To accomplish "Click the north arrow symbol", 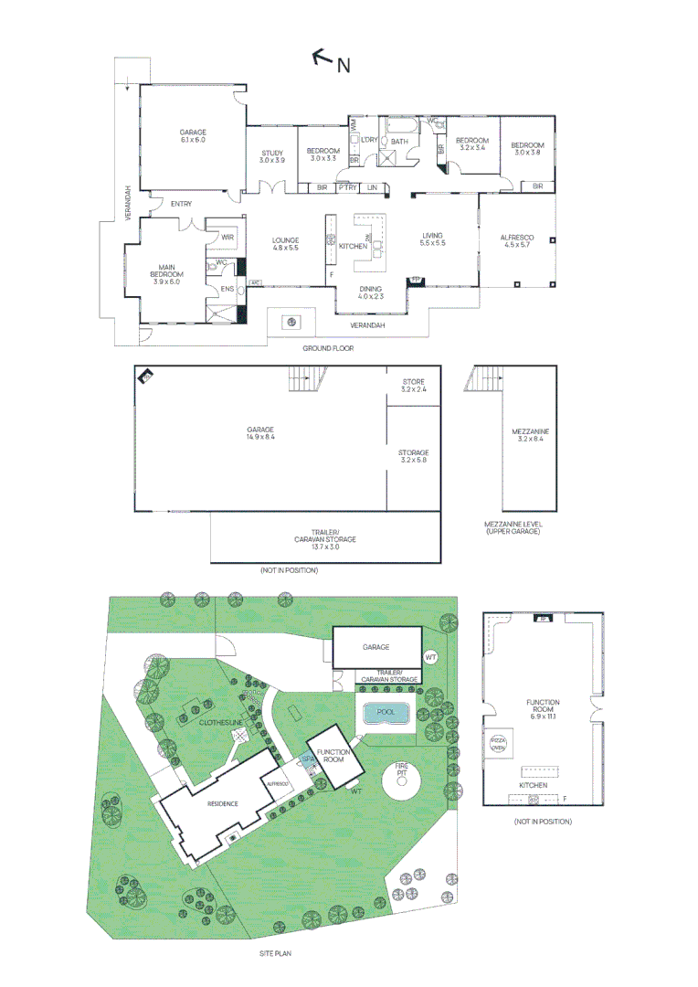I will pyautogui.click(x=323, y=58).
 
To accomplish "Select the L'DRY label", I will pyautogui.click(x=370, y=140).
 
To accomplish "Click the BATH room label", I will pyautogui.click(x=399, y=142).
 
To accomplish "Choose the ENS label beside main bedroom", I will pyautogui.click(x=227, y=290).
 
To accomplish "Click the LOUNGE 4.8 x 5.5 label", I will pyautogui.click(x=286, y=244).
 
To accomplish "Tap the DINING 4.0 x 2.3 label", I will pyautogui.click(x=371, y=292).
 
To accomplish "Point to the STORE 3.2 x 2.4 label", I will pyautogui.click(x=413, y=385).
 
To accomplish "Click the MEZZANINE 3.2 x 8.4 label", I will pyautogui.click(x=530, y=435).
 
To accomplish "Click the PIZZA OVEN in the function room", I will pyautogui.click(x=499, y=744).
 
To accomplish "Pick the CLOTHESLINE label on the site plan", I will pyautogui.click(x=222, y=722).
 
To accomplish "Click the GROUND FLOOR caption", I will pyautogui.click(x=328, y=348).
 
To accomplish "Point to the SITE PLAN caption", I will pyautogui.click(x=275, y=953).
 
